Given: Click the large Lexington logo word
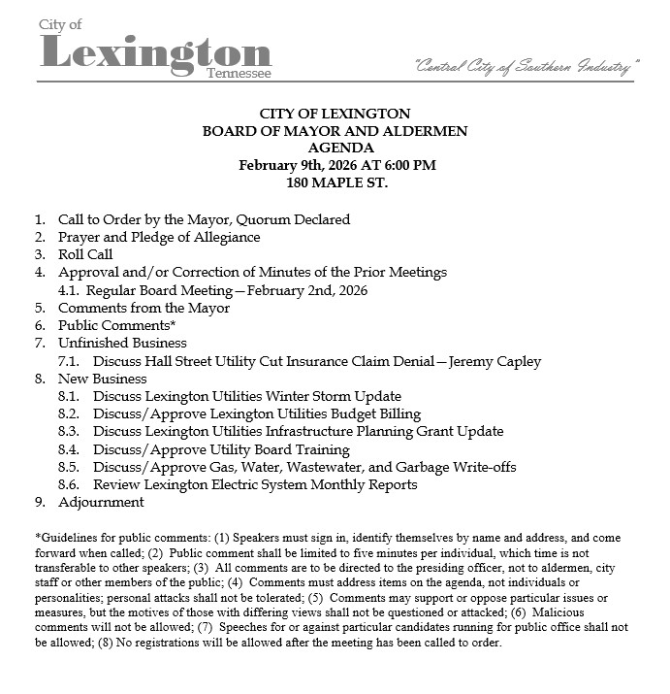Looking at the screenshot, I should pos(155,54).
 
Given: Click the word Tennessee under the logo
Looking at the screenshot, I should pos(239,74).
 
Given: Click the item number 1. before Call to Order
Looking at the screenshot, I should pos(40,220).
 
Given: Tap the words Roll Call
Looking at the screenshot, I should pos(85,255).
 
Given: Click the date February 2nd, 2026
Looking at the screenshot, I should pos(307,290).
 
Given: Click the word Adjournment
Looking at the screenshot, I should pos(101,503).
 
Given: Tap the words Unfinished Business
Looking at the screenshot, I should pos(122,344).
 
